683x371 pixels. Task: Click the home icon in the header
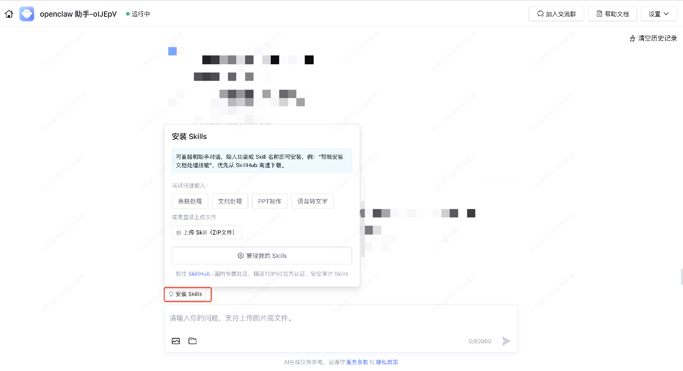point(9,14)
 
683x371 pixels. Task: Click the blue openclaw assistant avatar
point(27,14)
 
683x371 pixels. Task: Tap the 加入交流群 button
point(556,14)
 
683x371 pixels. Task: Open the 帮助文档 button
point(612,14)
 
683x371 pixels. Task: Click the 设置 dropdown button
point(659,14)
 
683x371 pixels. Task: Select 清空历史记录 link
point(653,38)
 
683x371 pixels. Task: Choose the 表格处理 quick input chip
point(190,201)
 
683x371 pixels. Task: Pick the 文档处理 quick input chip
point(230,201)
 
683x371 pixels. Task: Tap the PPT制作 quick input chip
point(270,201)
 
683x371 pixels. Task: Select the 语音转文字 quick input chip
point(312,201)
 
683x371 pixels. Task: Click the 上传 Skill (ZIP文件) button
point(207,232)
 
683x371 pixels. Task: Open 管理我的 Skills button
point(262,256)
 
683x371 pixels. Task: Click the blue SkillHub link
point(199,274)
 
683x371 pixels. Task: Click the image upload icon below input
point(176,341)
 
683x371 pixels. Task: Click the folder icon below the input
point(192,341)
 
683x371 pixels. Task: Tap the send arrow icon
point(506,341)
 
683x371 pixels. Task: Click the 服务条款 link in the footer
point(357,362)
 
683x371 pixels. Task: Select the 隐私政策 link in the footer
point(387,362)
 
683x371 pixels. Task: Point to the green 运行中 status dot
point(128,14)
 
